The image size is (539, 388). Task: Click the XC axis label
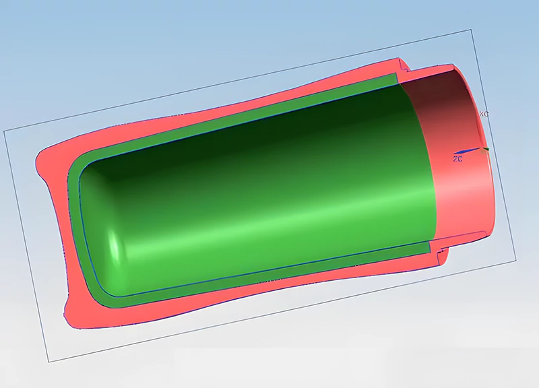(x=483, y=115)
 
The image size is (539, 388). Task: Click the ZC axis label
(x=457, y=159)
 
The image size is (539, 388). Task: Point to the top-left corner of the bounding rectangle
(x=5, y=130)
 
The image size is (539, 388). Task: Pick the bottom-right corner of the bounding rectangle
(x=516, y=261)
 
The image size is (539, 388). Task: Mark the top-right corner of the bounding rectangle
(x=470, y=30)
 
